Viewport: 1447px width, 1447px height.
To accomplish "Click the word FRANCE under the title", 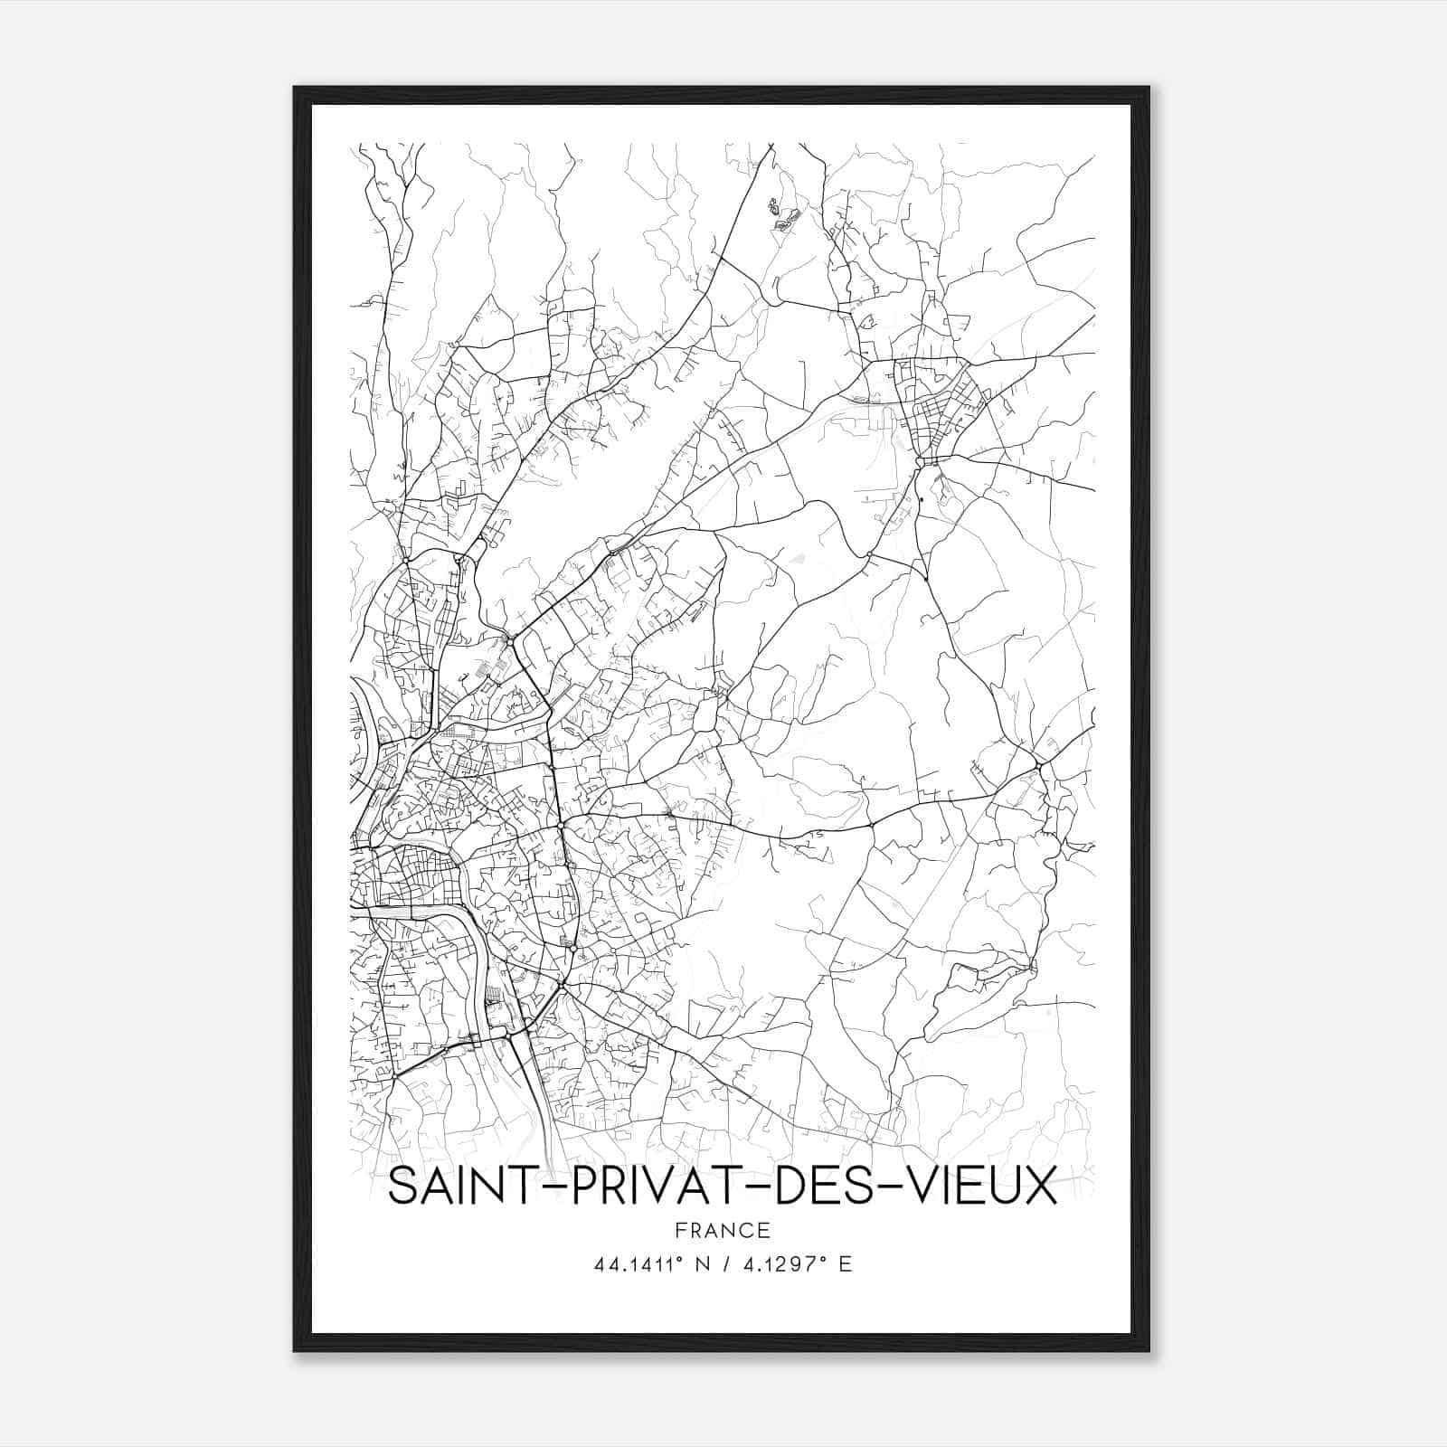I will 723,1230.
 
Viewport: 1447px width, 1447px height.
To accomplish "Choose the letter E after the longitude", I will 845,1265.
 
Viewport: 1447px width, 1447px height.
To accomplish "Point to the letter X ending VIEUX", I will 1041,1186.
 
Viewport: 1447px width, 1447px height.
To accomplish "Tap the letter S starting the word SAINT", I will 400,1186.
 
